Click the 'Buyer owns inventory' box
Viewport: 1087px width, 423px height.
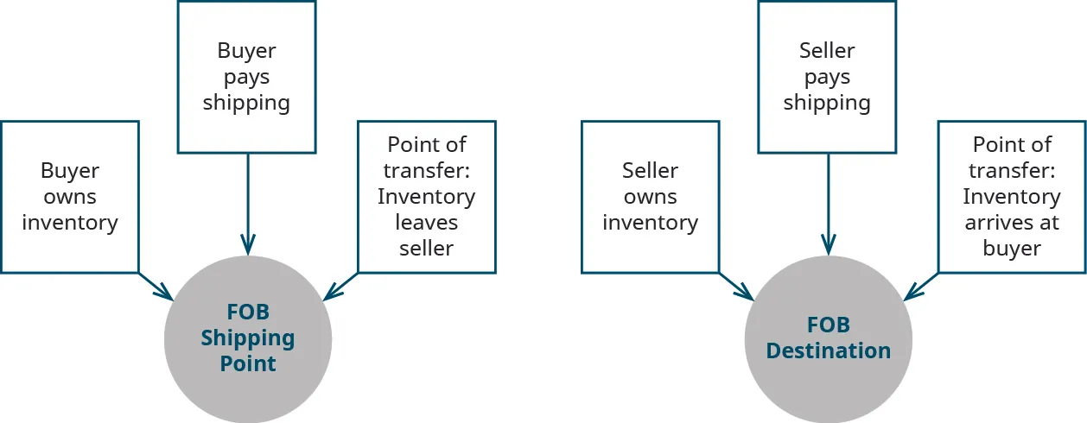coord(70,197)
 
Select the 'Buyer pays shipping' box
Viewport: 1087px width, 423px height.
coord(246,77)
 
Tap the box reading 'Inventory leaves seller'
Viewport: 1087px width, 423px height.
coord(426,197)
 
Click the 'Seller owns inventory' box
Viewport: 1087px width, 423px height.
coord(650,197)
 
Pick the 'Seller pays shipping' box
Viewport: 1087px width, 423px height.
coord(827,77)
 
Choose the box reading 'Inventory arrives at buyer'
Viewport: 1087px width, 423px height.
coord(1011,197)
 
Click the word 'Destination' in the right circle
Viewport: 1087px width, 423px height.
coord(829,351)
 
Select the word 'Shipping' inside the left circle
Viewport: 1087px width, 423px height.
coord(248,338)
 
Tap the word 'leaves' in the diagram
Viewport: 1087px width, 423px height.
coord(426,223)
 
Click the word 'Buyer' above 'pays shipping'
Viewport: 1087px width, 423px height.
coord(246,51)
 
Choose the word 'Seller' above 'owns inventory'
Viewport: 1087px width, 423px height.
coord(650,171)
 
